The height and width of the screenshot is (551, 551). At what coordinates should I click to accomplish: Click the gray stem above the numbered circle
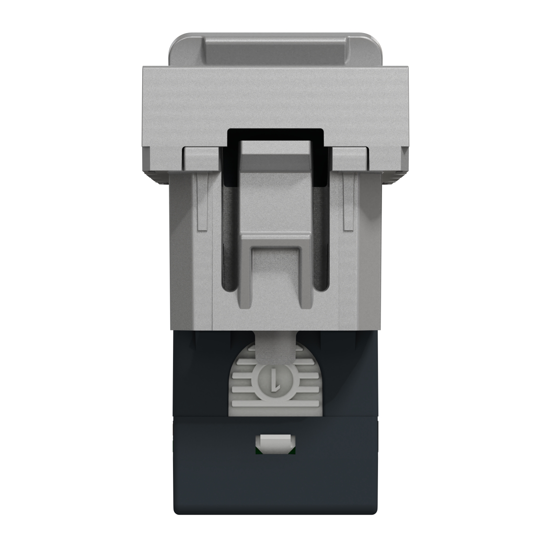coord(275,349)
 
